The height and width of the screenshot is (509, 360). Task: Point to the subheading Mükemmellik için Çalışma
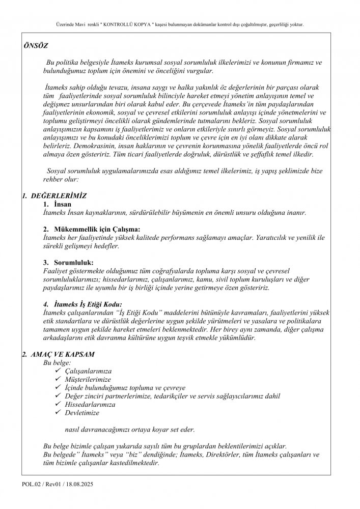pyautogui.click(x=96, y=229)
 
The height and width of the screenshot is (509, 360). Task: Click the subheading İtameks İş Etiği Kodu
pyautogui.click(x=88, y=304)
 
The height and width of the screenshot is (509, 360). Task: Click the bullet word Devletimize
pyautogui.click(x=82, y=412)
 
